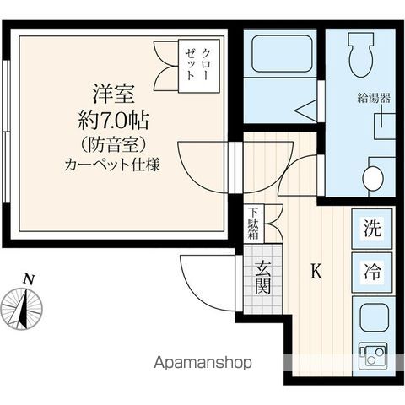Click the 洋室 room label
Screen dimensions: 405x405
pos(111,90)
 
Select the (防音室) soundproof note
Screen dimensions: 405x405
pos(111,143)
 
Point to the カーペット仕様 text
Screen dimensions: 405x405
pos(111,165)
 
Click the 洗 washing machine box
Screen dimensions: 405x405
pos(372,227)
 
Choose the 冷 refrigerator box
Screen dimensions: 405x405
pos(372,272)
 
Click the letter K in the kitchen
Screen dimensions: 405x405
pos(316,272)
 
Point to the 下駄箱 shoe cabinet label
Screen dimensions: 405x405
pos(253,224)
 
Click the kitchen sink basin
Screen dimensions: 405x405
pos(372,318)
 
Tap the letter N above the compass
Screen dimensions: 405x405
pos(30,279)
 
